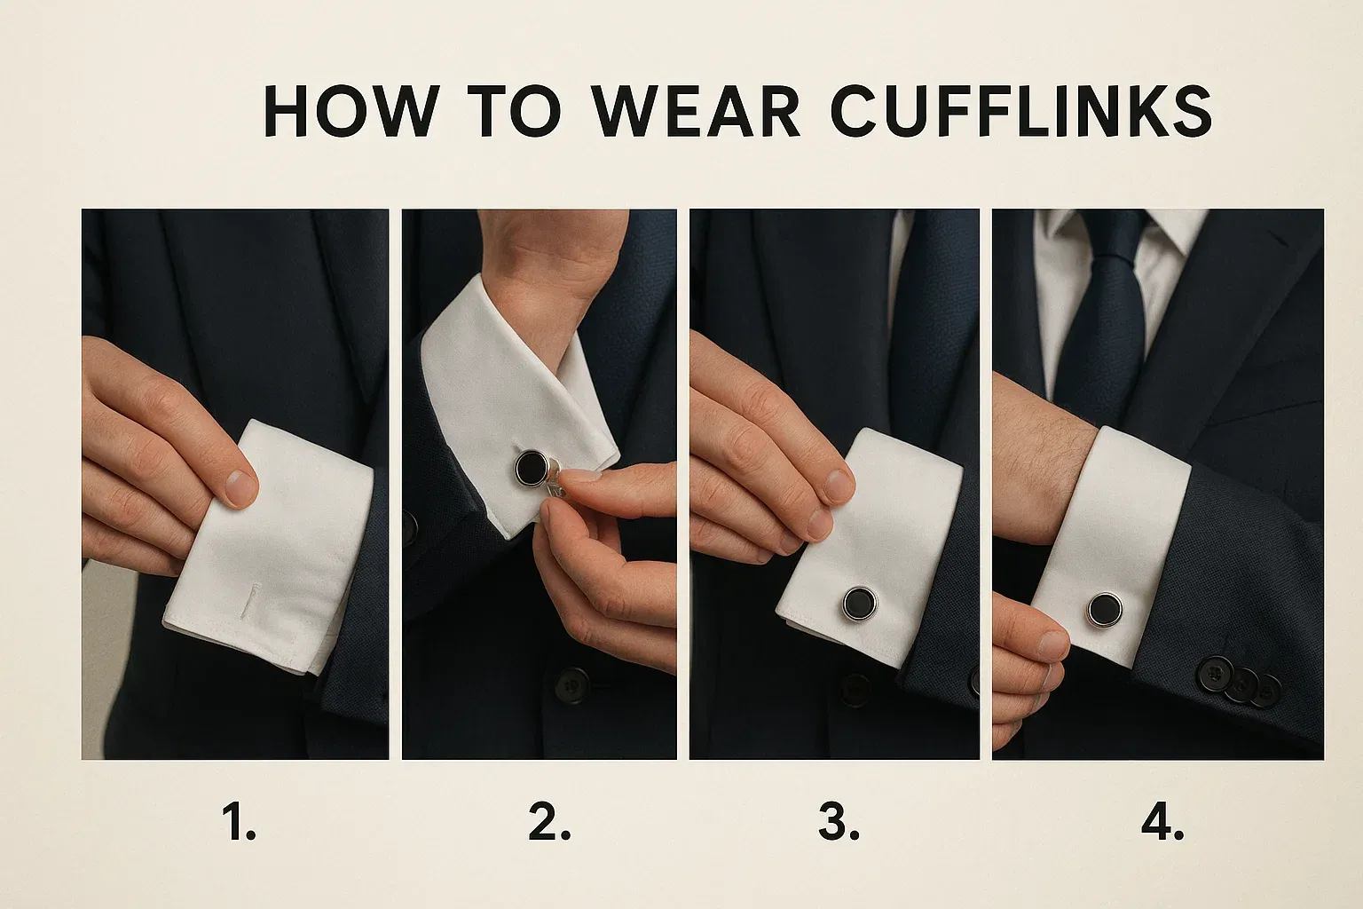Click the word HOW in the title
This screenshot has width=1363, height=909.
point(351,112)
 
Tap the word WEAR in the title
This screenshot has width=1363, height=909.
point(696,112)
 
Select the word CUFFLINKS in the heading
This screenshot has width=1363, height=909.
point(1021,112)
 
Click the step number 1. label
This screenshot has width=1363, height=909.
point(239,823)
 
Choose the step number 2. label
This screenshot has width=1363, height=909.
point(549,823)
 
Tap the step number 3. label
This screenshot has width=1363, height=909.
point(839,823)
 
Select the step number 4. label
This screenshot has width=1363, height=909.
point(1162,823)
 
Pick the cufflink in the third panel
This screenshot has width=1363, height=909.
point(860,604)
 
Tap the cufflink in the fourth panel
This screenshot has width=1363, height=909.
point(1105,610)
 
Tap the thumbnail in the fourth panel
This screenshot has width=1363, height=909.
point(1051,645)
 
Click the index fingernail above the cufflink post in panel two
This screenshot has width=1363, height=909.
point(579,476)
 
